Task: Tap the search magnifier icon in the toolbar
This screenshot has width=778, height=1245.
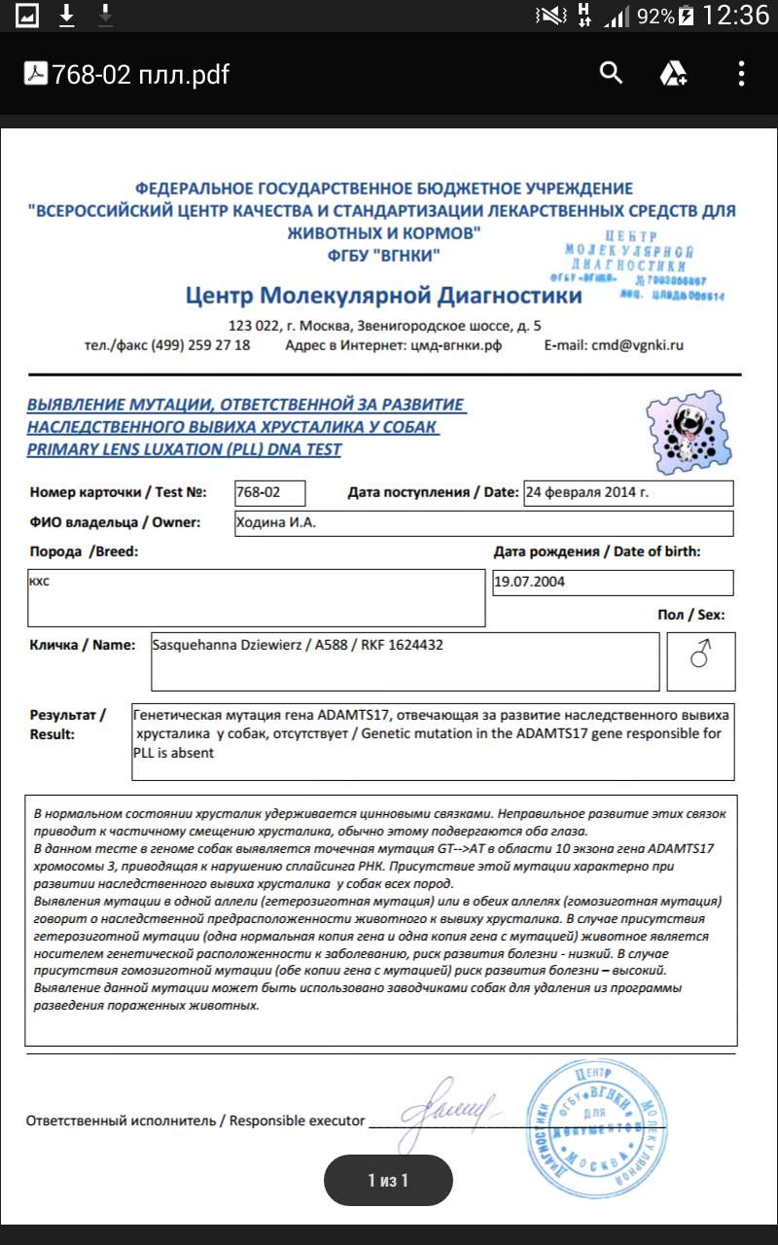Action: tap(611, 73)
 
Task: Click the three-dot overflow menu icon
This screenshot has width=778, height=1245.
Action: tap(741, 74)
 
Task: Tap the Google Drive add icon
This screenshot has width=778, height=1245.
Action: tap(674, 74)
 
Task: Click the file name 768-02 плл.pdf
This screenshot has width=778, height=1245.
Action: tap(140, 74)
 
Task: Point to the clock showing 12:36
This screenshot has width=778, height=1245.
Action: tap(734, 16)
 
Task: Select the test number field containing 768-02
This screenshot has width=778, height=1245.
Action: tap(269, 492)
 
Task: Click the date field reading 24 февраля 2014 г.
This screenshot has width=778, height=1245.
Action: tap(627, 492)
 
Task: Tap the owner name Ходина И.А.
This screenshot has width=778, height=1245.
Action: tap(276, 523)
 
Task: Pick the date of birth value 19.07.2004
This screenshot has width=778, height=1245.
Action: tap(529, 582)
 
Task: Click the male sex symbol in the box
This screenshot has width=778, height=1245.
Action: tap(700, 658)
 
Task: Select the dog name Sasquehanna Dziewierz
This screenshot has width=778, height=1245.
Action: tap(226, 645)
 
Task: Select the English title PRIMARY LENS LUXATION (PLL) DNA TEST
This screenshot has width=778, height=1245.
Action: tap(184, 449)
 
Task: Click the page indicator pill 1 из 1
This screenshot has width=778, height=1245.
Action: tap(388, 1181)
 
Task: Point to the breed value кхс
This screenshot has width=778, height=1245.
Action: tap(40, 582)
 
